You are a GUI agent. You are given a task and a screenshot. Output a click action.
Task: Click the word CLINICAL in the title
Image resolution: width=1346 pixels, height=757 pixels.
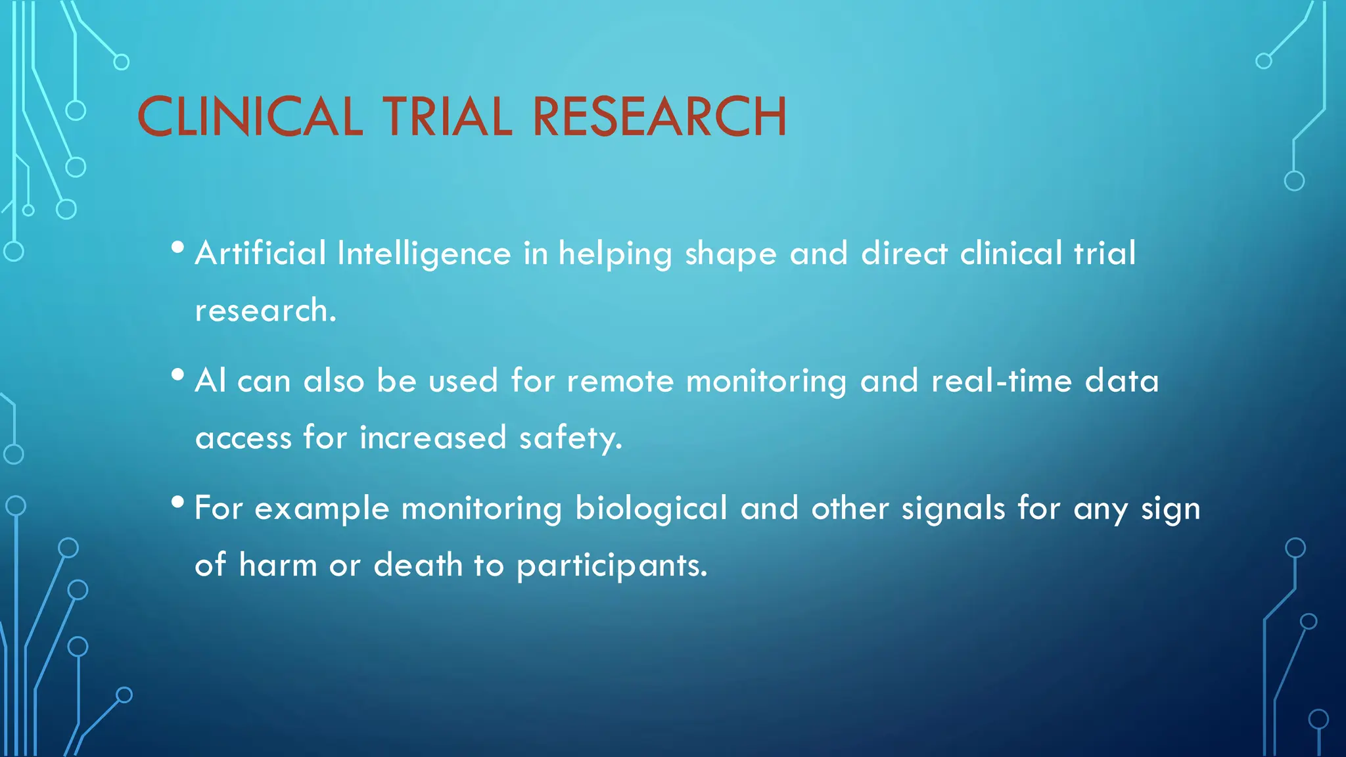tap(250, 117)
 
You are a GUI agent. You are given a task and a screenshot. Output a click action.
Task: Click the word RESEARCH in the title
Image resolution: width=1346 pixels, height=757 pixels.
tap(659, 117)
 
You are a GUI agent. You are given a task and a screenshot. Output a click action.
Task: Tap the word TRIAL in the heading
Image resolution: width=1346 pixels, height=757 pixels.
tap(447, 117)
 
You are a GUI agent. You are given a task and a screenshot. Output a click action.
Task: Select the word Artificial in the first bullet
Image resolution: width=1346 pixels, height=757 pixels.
tap(260, 254)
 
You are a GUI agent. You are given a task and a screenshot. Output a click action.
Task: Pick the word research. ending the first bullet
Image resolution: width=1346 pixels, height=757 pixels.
tap(266, 311)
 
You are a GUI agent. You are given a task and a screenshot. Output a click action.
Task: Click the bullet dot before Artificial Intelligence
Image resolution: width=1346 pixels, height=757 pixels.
tap(177, 248)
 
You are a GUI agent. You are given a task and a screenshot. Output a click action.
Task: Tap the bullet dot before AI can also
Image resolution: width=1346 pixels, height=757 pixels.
tap(177, 375)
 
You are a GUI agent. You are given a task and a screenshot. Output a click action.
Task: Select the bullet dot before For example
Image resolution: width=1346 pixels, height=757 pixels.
tap(177, 503)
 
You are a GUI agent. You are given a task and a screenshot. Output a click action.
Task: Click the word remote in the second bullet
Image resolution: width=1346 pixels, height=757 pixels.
tap(620, 382)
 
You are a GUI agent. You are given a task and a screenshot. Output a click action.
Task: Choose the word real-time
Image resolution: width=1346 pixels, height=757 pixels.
tap(1002, 382)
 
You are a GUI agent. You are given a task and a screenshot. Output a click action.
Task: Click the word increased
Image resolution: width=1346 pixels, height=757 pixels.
tap(433, 438)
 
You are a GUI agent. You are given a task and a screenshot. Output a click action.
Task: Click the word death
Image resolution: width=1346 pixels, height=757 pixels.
tap(418, 566)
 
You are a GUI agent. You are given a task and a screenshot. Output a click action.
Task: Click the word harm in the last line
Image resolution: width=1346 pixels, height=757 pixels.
tap(278, 566)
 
